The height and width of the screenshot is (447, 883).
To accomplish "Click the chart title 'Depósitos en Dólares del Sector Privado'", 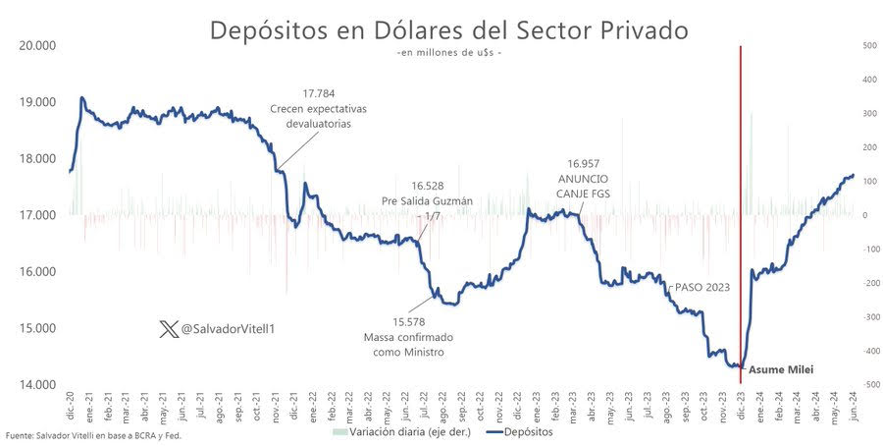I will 449,29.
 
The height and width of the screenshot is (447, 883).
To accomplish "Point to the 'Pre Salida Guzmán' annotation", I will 427,200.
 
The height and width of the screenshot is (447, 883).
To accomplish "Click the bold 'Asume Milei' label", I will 781,370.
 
